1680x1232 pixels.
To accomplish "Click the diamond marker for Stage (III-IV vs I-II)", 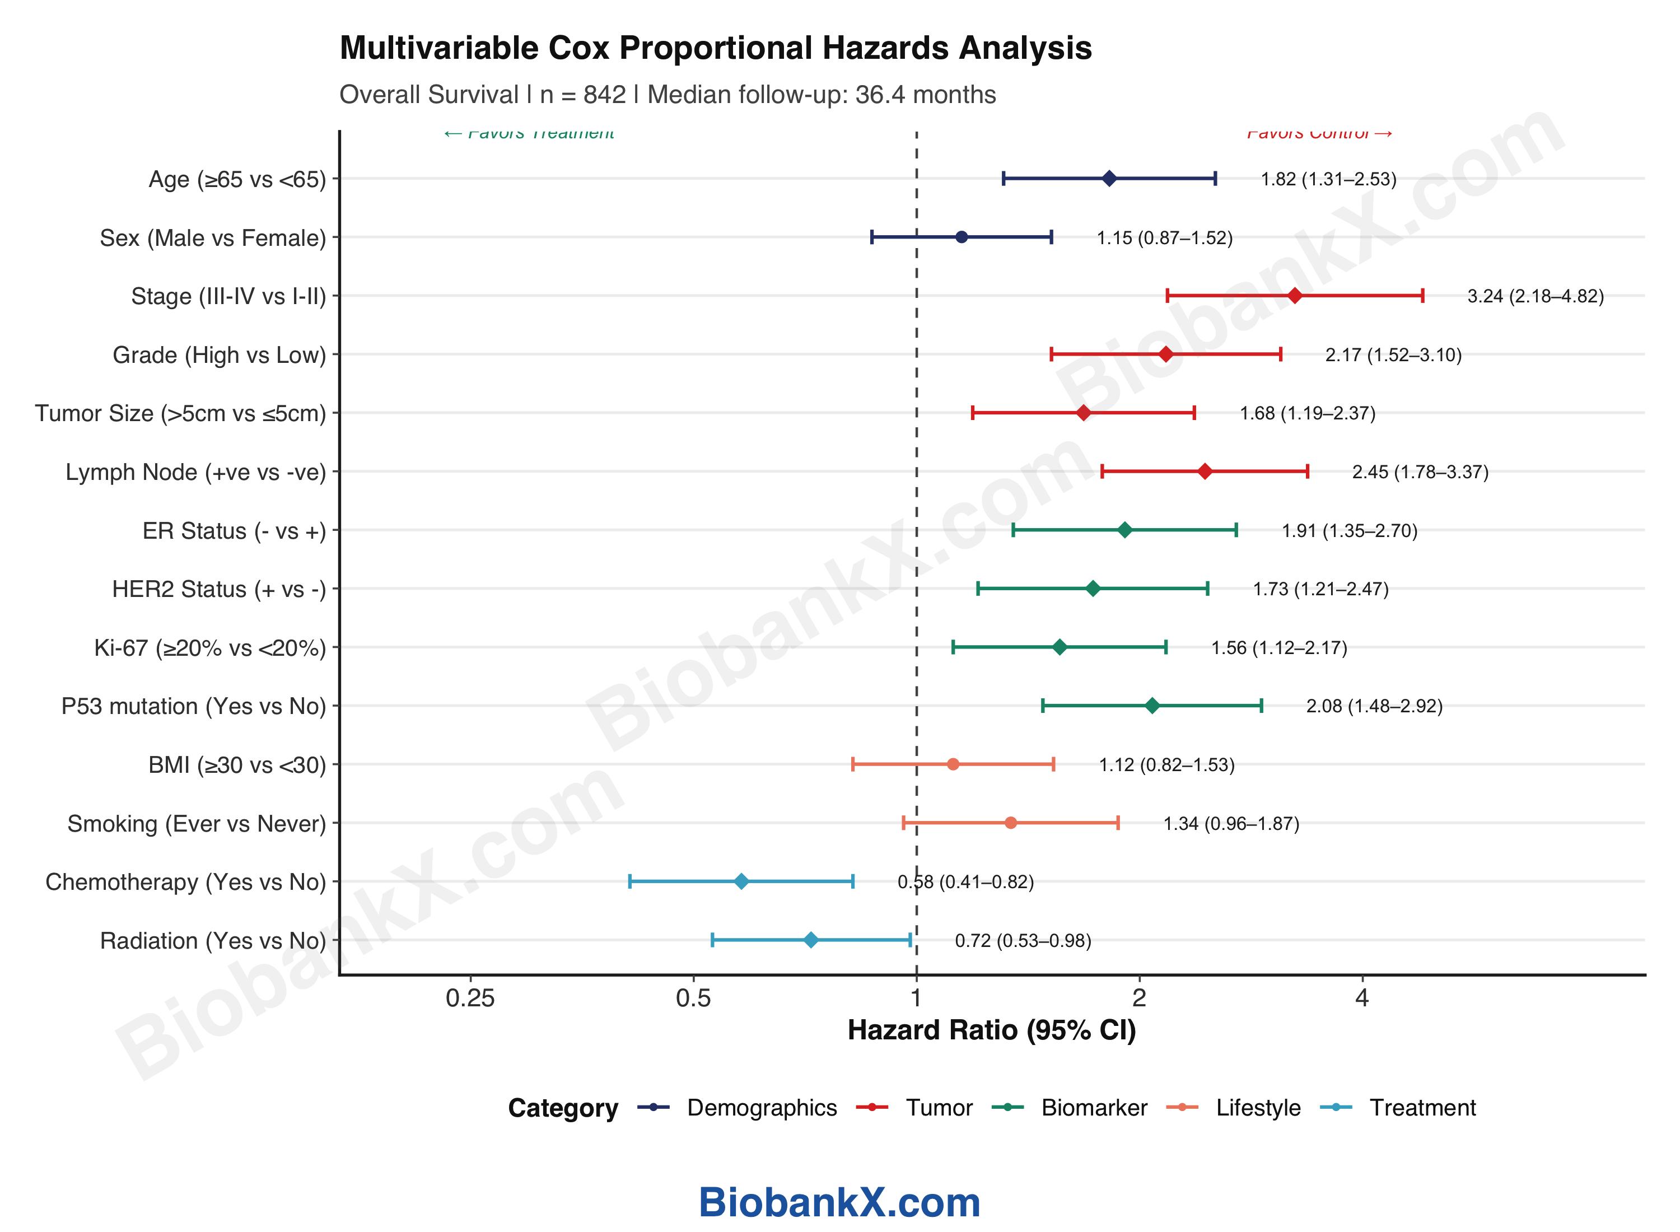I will pos(1295,296).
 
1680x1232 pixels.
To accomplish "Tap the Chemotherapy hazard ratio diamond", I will pos(741,881).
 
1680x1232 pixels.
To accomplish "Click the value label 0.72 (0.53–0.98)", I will pos(1023,940).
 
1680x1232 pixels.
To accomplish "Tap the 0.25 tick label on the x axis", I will pos(470,998).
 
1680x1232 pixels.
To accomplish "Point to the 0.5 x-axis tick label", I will pos(693,998).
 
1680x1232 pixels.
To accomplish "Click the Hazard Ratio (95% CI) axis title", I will pos(992,1030).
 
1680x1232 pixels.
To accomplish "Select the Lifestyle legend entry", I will pos(1257,1108).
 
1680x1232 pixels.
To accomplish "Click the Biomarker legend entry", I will pos(1093,1108).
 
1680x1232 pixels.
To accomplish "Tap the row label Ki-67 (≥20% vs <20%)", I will pos(210,648).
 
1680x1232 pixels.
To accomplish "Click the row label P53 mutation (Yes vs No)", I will pos(194,706).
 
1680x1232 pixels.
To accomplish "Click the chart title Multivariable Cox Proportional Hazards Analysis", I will pos(715,48).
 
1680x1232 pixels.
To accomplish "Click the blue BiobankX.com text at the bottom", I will pos(839,1202).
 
